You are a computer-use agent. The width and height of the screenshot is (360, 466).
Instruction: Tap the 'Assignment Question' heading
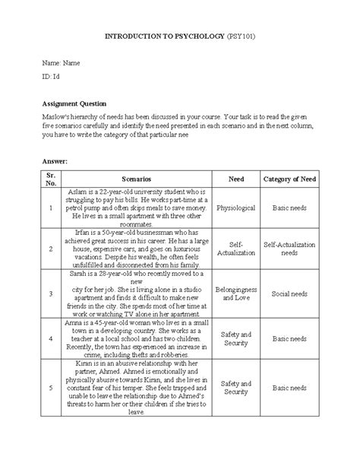74,103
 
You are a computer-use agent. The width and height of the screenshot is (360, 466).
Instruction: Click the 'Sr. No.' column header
49,179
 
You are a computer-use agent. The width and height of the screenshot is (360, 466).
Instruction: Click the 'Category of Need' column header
289,179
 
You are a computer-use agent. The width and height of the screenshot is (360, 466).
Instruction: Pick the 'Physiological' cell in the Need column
236,206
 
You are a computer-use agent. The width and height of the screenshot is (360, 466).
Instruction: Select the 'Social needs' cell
289,292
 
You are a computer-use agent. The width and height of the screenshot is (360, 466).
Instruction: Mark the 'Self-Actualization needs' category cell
289,249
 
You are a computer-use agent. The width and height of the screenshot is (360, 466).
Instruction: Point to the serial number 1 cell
49,206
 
